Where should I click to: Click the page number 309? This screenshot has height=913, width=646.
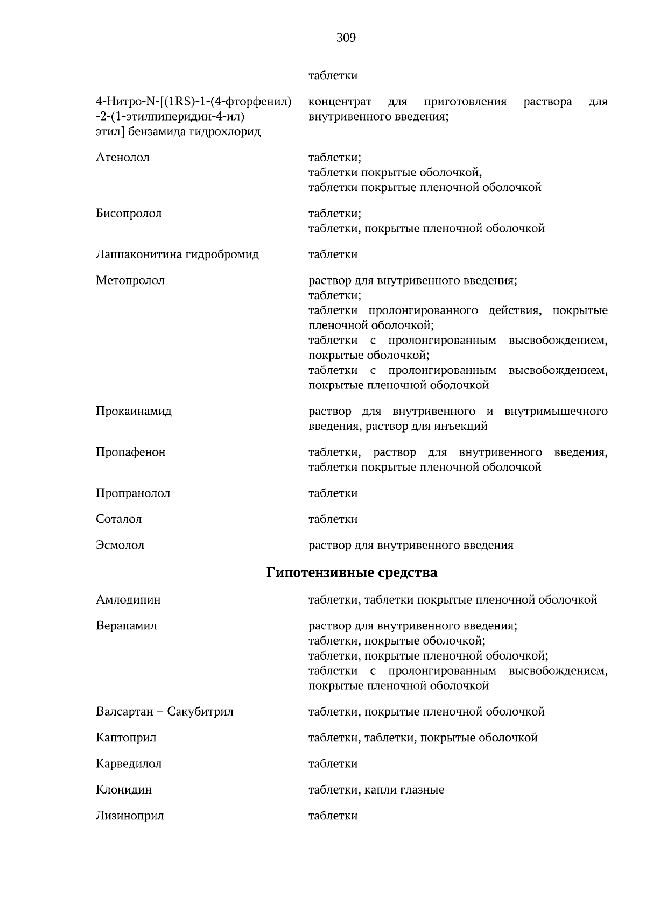346,38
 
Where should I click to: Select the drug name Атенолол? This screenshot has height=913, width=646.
123,158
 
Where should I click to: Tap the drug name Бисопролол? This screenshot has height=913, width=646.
129,214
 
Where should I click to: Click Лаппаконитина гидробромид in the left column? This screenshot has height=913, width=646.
177,254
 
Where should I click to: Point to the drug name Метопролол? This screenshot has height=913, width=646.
130,280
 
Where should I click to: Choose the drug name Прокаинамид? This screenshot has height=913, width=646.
134,412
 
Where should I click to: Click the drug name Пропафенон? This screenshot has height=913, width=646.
131,452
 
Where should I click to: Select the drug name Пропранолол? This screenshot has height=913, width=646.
133,493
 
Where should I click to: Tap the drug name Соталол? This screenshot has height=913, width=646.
119,519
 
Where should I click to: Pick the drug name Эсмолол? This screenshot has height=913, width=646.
120,545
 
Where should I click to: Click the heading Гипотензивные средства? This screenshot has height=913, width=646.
352,572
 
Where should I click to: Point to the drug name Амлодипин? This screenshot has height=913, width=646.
128,600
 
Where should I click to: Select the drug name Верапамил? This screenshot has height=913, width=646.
127,626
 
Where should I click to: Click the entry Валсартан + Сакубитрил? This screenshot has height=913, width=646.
165,712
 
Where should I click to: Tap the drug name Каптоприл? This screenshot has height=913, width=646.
126,738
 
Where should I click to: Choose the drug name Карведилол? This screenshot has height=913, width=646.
129,764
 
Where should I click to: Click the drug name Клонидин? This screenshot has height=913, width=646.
124,790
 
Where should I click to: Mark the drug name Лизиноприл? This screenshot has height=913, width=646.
130,816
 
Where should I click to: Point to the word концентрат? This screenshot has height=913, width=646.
340,102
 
